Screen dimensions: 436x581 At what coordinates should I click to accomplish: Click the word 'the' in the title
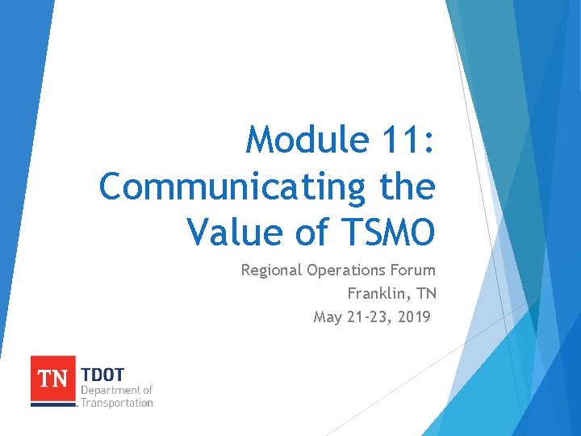pos(407,187)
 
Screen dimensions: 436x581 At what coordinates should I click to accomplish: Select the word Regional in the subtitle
pos(272,270)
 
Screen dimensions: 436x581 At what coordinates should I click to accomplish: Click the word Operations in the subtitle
pos(349,270)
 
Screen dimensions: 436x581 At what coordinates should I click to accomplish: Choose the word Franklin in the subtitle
pos(378,293)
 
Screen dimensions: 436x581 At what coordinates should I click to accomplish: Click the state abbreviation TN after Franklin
pos(426,293)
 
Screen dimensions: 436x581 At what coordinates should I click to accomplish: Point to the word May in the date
pos(328,317)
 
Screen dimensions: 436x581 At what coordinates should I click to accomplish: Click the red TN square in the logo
pos(53,378)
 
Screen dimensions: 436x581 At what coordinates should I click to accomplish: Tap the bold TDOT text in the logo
pos(104,375)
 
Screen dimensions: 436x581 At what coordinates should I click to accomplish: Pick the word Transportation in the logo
pos(116,402)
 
